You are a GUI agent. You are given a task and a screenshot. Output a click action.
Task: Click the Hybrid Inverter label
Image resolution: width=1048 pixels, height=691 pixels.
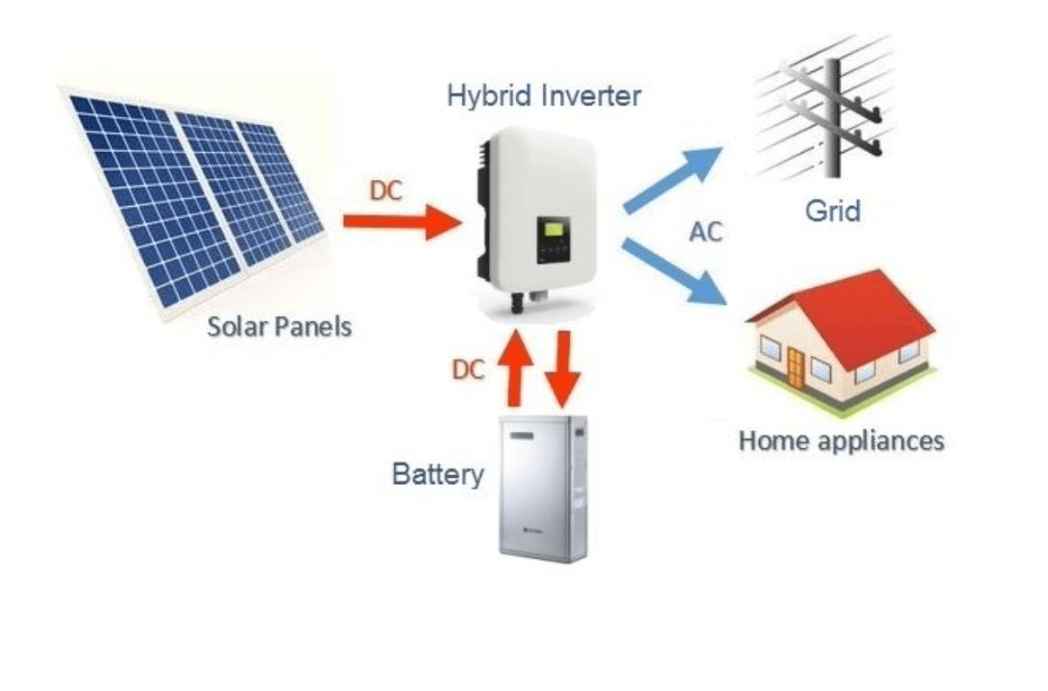click(x=545, y=95)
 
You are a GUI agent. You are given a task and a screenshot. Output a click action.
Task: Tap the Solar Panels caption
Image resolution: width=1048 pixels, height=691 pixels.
click(x=279, y=325)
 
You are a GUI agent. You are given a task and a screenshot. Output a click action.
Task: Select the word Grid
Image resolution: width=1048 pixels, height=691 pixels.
click(x=833, y=211)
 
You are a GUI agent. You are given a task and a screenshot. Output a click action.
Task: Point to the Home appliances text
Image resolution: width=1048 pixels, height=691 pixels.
click(x=841, y=441)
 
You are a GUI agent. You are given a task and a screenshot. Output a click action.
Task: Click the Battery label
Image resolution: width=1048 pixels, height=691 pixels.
click(x=438, y=473)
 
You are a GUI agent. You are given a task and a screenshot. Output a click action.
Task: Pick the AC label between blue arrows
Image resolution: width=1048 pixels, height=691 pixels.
click(x=706, y=231)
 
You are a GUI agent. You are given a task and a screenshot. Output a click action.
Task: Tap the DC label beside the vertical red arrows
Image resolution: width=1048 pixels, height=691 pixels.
click(x=468, y=369)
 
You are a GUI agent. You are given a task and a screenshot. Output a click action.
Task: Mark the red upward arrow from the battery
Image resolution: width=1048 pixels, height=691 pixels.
click(x=516, y=367)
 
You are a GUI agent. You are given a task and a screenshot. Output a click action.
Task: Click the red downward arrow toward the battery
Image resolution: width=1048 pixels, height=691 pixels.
click(x=565, y=369)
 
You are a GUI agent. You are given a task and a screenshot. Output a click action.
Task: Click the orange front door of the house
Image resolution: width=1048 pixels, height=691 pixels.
click(x=794, y=364)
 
